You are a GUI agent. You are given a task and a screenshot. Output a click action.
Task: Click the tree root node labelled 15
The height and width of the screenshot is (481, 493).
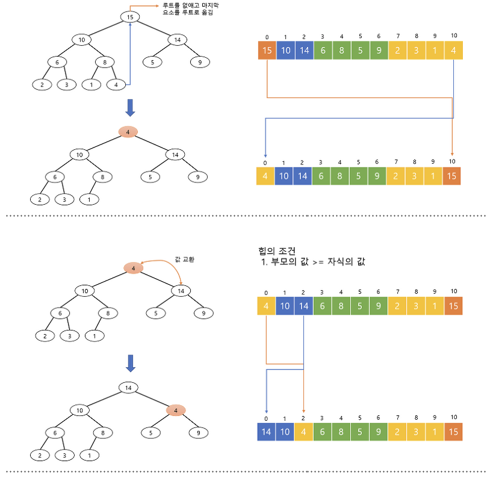[x=130, y=17]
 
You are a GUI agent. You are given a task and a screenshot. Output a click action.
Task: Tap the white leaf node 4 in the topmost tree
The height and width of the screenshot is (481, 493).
[x=115, y=85]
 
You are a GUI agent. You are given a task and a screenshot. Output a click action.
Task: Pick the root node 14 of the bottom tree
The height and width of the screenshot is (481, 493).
[x=128, y=388]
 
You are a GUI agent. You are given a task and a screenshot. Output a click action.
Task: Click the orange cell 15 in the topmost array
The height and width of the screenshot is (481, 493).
[x=267, y=50]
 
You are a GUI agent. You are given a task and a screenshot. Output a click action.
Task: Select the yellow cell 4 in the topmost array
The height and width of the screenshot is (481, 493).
[x=453, y=50]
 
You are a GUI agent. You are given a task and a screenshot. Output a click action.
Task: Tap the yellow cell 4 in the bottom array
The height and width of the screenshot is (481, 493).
[x=304, y=432]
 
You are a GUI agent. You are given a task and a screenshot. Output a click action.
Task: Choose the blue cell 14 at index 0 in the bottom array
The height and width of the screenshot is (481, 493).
[x=267, y=432]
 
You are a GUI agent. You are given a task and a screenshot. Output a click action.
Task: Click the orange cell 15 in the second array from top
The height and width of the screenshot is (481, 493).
[x=452, y=176]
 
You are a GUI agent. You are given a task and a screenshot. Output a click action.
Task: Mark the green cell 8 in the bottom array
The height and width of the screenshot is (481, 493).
[x=341, y=432]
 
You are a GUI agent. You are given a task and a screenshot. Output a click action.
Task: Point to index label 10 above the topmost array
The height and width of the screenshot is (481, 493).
[x=453, y=36]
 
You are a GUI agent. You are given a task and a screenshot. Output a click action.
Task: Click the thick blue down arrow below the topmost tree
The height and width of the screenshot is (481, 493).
[x=130, y=108]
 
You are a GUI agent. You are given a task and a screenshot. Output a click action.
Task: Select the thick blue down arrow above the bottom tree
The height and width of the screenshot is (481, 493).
[x=131, y=363]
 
